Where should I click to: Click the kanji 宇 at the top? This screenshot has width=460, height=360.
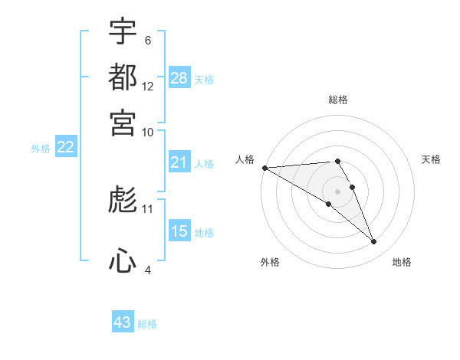[x=123, y=33]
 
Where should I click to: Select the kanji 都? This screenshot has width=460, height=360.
[x=123, y=77]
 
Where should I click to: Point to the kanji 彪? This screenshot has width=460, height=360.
[x=123, y=201]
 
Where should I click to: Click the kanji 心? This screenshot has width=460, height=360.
[x=123, y=260]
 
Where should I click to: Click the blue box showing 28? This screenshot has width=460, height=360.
[x=179, y=78]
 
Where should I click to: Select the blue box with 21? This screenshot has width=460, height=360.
[x=179, y=163]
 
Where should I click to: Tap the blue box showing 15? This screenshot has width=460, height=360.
[x=179, y=232]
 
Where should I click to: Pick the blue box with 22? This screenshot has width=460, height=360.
[x=65, y=148]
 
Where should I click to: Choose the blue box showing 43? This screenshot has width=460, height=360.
[x=123, y=322]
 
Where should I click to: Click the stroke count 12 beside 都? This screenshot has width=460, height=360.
[x=148, y=87]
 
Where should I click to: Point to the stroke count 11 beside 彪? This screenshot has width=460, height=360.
[x=148, y=208]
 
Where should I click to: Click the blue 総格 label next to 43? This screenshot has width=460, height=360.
[x=148, y=324]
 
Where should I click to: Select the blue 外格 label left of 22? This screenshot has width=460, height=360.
[x=41, y=149]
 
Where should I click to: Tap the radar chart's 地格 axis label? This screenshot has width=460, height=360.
[x=402, y=263]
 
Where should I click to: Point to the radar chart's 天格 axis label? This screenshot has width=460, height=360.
[x=431, y=159]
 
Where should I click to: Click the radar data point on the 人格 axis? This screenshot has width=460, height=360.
[x=264, y=168]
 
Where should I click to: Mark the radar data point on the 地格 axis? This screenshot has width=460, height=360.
[x=374, y=242]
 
